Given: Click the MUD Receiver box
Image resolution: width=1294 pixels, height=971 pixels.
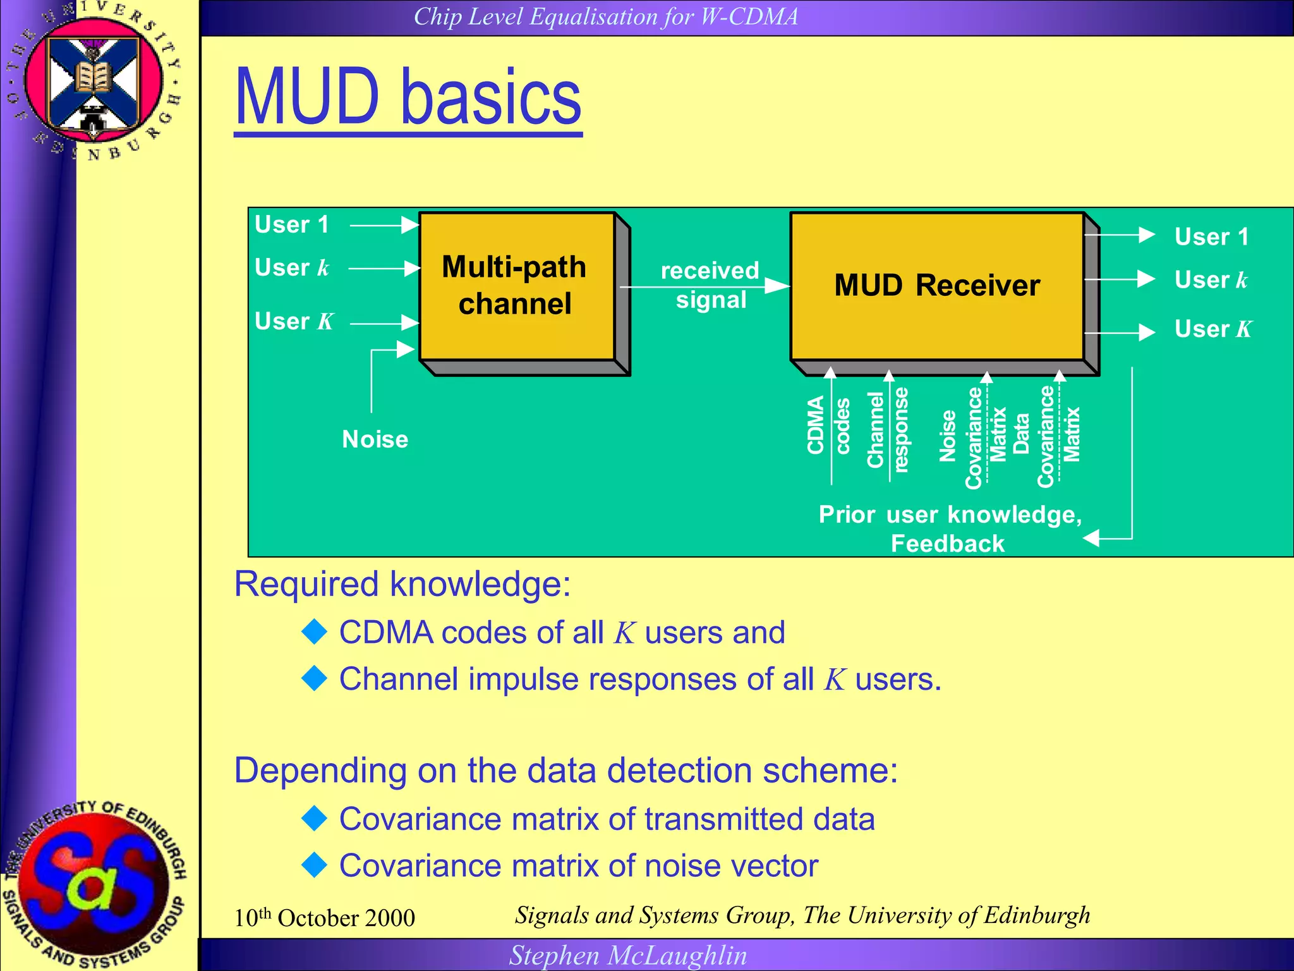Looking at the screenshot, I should point(936,286).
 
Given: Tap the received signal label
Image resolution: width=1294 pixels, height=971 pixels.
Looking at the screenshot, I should point(710,285).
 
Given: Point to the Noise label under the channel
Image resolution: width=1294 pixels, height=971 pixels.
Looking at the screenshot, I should point(375,439).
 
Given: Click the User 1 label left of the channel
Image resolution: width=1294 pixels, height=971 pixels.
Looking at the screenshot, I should point(292,225).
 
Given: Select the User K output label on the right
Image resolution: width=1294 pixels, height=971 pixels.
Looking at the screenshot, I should point(1212,329).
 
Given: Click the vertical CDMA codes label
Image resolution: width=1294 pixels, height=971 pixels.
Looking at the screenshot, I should point(828,425).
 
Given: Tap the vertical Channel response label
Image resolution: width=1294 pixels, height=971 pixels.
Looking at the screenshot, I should point(887,430).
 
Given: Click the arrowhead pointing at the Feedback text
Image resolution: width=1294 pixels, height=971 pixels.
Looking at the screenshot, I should point(1091,539).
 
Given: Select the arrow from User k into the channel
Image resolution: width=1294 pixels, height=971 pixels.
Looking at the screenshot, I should point(384,269).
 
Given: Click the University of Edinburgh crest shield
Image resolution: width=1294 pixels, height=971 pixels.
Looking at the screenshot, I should point(94,82).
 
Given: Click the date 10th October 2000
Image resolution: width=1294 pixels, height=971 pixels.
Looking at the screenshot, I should point(324,917).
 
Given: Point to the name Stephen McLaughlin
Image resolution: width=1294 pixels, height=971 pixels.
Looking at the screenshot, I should point(628,955).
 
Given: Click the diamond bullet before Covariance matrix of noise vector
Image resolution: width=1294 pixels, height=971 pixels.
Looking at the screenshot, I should point(314,865).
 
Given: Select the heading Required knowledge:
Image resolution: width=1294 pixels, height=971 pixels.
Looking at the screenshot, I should point(402,583).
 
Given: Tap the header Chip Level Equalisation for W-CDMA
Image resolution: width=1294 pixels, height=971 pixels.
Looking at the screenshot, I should point(605,16).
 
